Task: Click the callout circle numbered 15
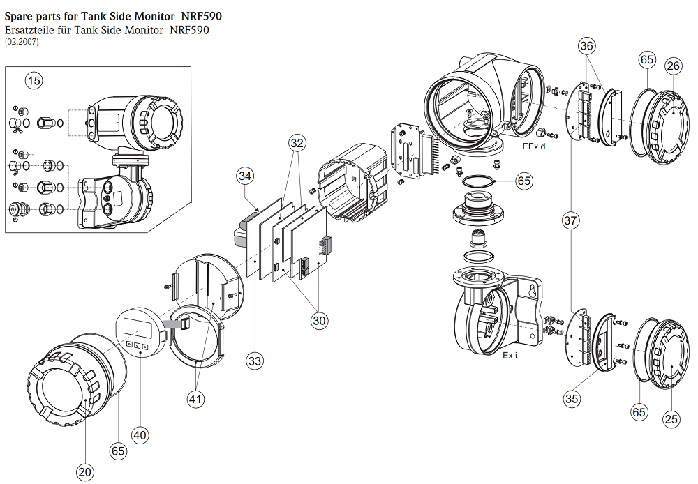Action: click(34, 81)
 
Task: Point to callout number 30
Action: click(320, 320)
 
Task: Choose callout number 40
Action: click(140, 434)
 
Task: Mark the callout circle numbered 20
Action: click(85, 472)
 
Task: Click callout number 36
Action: click(588, 46)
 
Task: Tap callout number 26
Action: click(673, 66)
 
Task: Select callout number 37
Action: click(571, 221)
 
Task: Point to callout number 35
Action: click(572, 398)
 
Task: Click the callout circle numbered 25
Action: click(671, 418)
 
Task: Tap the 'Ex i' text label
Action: click(510, 356)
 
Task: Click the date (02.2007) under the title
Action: click(22, 43)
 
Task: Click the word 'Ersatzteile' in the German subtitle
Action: click(31, 30)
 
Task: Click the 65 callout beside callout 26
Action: click(646, 59)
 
